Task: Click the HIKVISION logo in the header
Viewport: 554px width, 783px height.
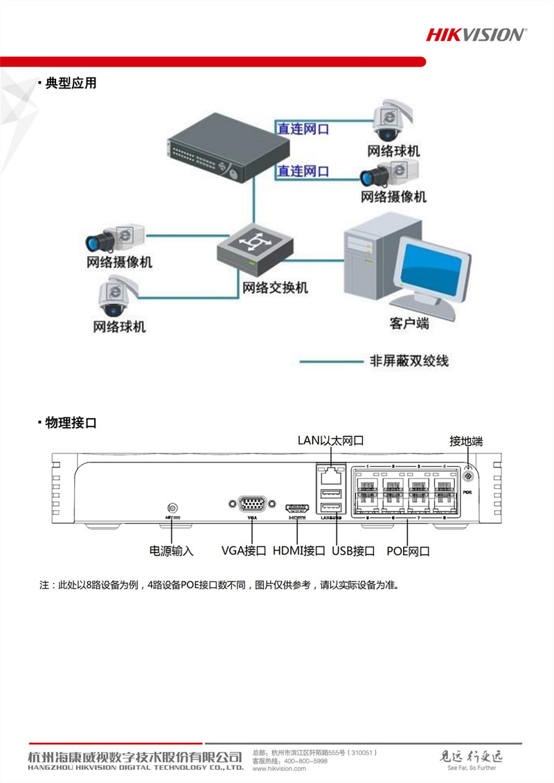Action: point(476,34)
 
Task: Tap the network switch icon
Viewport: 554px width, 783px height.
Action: point(253,250)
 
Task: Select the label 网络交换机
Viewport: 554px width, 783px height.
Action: point(275,287)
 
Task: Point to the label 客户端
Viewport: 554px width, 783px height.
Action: point(409,323)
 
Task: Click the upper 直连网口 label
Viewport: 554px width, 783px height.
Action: point(303,129)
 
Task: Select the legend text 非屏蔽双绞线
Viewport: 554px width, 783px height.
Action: point(409,361)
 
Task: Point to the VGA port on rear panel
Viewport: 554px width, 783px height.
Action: point(251,504)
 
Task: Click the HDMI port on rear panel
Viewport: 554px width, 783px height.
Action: point(297,508)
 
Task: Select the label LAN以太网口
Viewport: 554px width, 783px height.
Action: point(330,440)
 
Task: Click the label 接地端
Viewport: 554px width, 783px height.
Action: point(466,440)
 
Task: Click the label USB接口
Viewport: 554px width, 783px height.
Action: point(353,551)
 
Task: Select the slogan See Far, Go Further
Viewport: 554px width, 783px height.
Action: point(472,768)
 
